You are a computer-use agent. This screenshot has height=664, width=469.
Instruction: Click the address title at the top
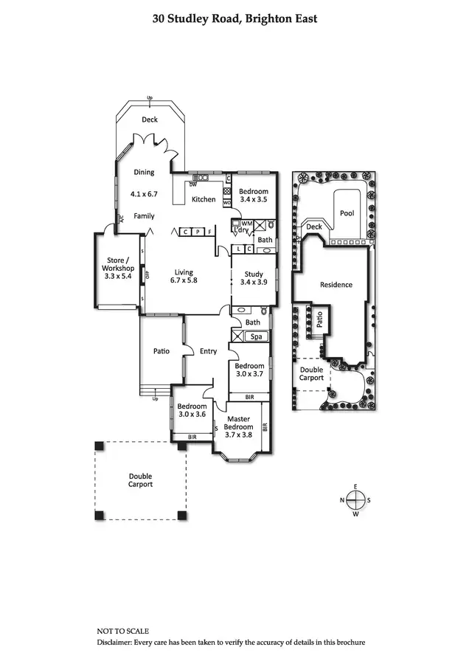point(234,18)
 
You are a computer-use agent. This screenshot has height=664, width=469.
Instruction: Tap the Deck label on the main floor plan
point(150,120)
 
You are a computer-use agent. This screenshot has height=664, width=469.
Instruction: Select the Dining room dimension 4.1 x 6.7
point(145,194)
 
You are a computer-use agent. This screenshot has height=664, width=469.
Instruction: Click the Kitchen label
point(204,199)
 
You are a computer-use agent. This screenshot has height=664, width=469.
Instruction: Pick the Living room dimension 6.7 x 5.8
point(184,280)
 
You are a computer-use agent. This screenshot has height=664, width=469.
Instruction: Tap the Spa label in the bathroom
point(257,337)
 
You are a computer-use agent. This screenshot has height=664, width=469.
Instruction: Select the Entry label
point(209,351)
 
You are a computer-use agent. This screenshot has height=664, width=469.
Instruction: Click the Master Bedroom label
point(238,423)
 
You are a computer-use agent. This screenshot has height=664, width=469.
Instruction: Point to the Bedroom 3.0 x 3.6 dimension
point(192,414)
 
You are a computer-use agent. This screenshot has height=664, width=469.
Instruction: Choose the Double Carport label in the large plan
point(140,480)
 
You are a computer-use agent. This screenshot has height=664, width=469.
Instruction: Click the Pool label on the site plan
point(347,213)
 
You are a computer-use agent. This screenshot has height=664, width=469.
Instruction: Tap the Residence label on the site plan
point(336,285)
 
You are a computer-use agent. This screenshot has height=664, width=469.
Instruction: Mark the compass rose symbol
point(355,500)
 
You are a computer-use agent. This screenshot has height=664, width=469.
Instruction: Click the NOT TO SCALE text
point(122,632)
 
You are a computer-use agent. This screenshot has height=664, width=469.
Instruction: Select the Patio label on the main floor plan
point(161,351)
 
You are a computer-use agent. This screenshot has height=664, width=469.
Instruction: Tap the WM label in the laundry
point(247,223)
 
